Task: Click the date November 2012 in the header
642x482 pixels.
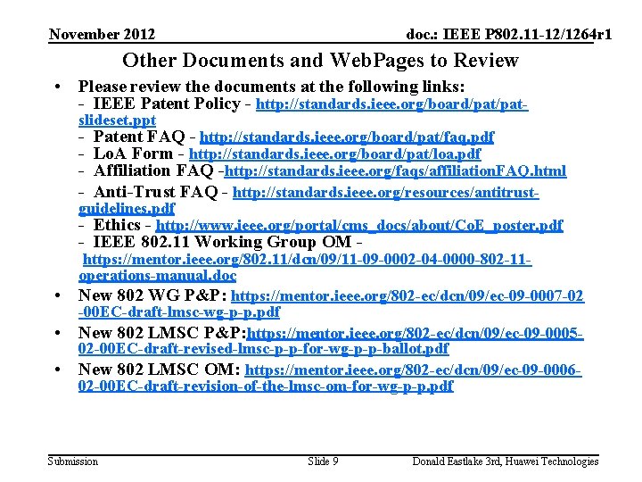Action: pyautogui.click(x=102, y=34)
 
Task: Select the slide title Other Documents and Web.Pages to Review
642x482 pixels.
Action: pyautogui.click(x=320, y=61)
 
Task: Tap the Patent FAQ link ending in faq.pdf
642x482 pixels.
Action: pyautogui.click(x=347, y=137)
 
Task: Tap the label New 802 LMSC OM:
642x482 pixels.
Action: pyautogui.click(x=160, y=369)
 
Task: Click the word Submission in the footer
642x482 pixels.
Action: pyautogui.click(x=73, y=461)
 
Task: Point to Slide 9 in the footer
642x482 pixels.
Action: pyautogui.click(x=322, y=461)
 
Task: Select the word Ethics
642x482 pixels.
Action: pyautogui.click(x=117, y=225)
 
